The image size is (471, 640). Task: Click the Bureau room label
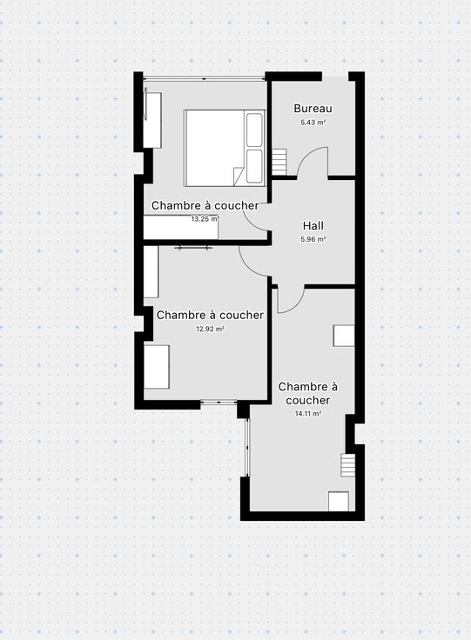coord(313,109)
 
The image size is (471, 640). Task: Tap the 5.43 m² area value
coord(313,123)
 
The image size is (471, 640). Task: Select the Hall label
coord(313,226)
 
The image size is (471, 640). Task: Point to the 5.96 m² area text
coord(313,240)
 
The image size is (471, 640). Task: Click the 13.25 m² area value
coord(205,219)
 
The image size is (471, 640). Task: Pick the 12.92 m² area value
coord(210,329)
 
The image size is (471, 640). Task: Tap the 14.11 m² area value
coord(308,413)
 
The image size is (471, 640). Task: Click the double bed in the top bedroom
coord(225,148)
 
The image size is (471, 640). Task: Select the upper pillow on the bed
coord(254,130)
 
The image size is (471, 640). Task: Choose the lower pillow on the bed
coord(254,166)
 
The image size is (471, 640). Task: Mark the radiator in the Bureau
coord(279,161)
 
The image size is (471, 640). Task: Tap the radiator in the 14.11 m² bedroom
coord(348,465)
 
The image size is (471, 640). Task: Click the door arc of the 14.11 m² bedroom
coord(298,305)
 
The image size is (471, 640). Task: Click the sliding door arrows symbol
coord(193,247)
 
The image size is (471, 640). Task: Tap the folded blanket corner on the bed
coord(239,177)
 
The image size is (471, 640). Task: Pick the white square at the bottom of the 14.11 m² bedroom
coord(339,501)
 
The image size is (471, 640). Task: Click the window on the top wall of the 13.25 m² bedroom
coord(205,78)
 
